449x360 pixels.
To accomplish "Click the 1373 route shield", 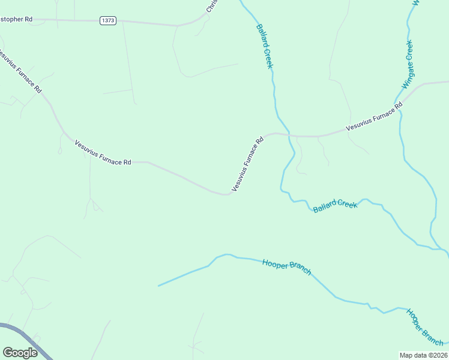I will pyautogui.click(x=107, y=20).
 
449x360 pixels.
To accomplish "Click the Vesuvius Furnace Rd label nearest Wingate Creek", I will pyautogui.click(x=374, y=118).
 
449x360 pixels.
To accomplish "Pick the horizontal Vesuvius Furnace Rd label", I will pyautogui.click(x=103, y=154).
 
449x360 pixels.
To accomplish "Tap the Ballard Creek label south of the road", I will pyautogui.click(x=335, y=206).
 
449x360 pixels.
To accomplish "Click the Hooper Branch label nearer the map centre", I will pyautogui.click(x=286, y=267).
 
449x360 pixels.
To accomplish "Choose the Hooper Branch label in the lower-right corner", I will pyautogui.click(x=424, y=327).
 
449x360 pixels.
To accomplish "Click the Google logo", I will pyautogui.click(x=20, y=352).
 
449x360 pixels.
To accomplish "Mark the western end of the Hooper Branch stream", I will pyautogui.click(x=158, y=286).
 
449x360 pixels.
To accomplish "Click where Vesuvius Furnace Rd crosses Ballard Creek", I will pyautogui.click(x=289, y=135).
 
